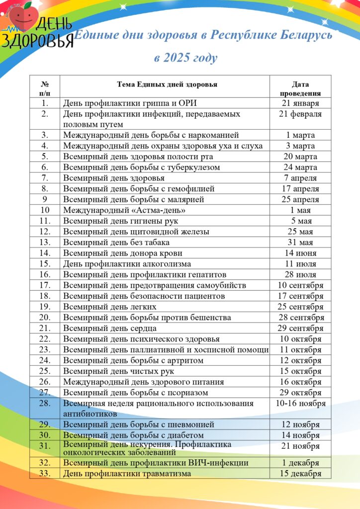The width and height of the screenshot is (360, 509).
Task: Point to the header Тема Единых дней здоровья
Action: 167,85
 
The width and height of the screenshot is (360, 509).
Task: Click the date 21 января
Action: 300,103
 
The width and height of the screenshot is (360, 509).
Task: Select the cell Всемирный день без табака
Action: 116,242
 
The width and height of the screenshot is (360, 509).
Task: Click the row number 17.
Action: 45,285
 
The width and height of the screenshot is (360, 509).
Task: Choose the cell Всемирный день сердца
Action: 110,328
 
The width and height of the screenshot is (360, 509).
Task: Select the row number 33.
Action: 45,473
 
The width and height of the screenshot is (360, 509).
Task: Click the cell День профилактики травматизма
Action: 127,473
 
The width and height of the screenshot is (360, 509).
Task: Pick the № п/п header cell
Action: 45,88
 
